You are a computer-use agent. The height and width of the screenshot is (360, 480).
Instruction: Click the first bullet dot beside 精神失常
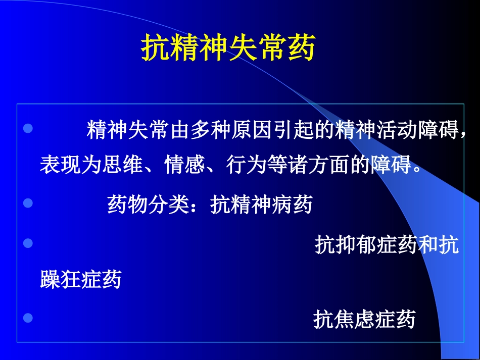pos(29,128)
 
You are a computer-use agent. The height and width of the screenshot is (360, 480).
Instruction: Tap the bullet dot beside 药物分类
pos(29,203)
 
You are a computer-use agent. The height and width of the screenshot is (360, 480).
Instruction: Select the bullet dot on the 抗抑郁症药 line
pos(29,243)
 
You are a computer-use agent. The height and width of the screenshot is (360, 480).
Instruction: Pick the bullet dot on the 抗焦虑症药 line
pos(29,318)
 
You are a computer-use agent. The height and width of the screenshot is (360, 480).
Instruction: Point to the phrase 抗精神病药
pos(262,205)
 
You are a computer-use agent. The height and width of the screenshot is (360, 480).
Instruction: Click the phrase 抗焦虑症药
pos(364,320)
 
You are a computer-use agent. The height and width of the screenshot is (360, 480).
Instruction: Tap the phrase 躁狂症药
pos(81,279)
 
